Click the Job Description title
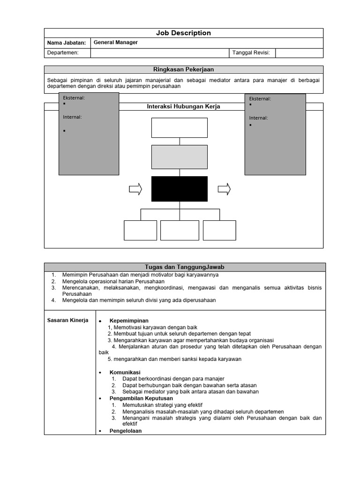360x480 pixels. pyautogui.click(x=183, y=33)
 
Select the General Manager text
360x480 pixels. pyautogui.click(x=116, y=42)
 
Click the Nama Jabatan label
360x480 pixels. pyautogui.click(x=67, y=43)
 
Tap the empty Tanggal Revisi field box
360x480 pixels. pyautogui.click(x=299, y=53)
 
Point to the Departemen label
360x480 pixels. pyautogui.click(x=63, y=53)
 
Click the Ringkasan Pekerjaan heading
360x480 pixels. pyautogui.click(x=183, y=69)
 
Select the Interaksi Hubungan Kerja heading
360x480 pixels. pyautogui.click(x=183, y=107)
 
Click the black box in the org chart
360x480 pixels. pyautogui.click(x=179, y=189)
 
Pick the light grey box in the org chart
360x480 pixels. pyautogui.click(x=179, y=157)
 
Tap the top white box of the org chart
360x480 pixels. pyautogui.click(x=179, y=127)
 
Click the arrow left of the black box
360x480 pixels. pyautogui.click(x=135, y=189)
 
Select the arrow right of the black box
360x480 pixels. pyautogui.click(x=224, y=189)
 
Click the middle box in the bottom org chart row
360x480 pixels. pyautogui.click(x=180, y=230)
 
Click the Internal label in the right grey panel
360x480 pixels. pyautogui.click(x=258, y=118)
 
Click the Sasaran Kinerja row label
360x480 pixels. pyautogui.click(x=68, y=321)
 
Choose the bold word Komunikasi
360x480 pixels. pyautogui.click(x=125, y=372)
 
